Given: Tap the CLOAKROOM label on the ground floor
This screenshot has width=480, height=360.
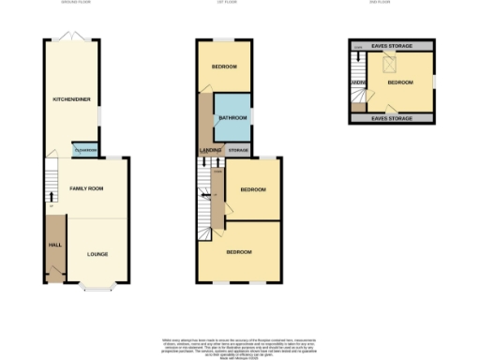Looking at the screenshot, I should tap(85, 150).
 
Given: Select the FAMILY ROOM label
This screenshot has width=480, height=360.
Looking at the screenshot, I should tap(85, 188).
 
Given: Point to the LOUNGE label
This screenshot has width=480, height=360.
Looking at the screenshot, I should tap(97, 253).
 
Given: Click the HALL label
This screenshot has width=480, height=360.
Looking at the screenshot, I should tap(54, 246).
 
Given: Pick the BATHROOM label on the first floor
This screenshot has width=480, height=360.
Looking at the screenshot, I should tap(232, 117).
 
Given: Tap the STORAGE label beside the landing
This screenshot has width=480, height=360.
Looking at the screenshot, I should tap(238, 150).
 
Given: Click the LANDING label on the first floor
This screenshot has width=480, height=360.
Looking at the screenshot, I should tap(210, 150).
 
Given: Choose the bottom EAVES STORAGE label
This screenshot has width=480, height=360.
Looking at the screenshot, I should tap(389, 118).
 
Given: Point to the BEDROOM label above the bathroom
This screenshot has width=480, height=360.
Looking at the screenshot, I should tap(223, 67).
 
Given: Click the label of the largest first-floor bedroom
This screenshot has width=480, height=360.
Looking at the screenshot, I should tap(238, 252).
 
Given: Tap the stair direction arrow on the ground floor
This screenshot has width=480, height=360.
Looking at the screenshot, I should tap(50, 196).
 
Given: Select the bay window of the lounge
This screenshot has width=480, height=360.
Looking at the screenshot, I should tap(97, 284).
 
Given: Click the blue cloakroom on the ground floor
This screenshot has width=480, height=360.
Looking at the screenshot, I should tap(85, 150).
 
